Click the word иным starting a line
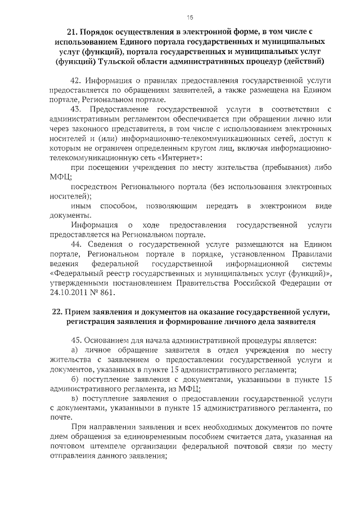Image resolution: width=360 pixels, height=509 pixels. click(x=82, y=207)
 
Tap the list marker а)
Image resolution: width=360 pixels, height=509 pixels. click(x=76, y=352)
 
